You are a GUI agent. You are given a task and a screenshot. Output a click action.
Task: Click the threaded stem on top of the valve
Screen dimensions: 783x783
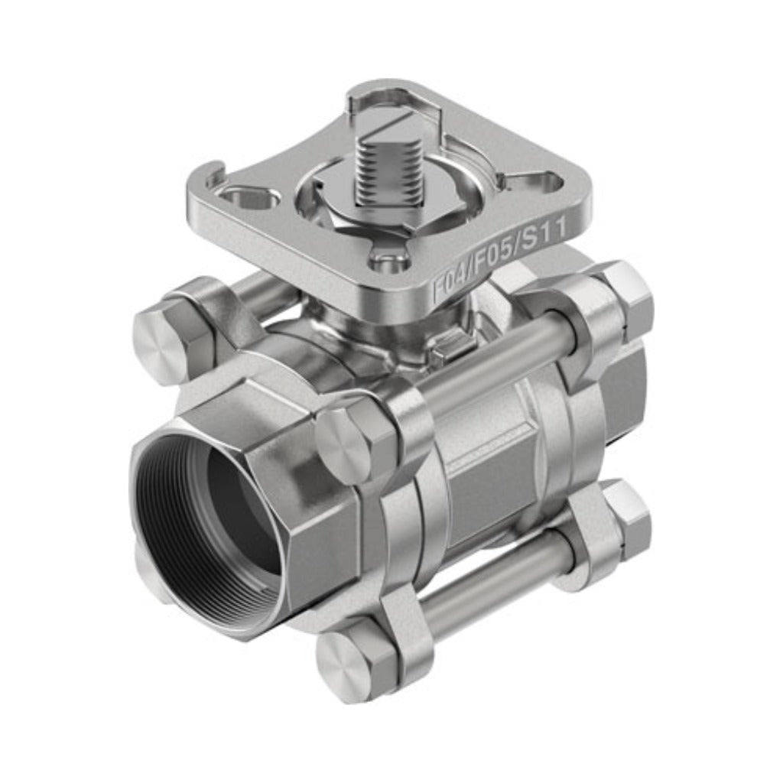[382, 171]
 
